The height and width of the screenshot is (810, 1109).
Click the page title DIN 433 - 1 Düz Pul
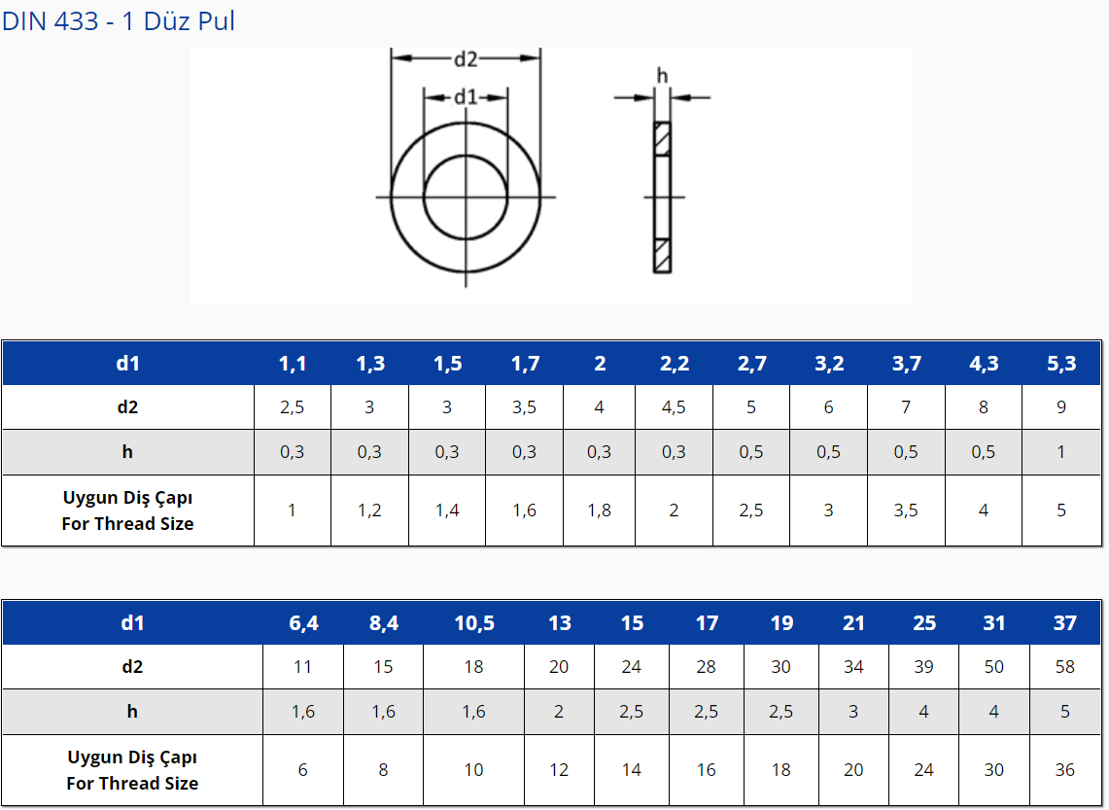[119, 21]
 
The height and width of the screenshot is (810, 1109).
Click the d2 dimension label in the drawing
[466, 59]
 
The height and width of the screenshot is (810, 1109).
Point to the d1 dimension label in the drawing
[466, 97]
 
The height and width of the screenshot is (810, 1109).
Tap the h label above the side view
[662, 75]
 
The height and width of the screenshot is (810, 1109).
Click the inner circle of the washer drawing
[424, 197]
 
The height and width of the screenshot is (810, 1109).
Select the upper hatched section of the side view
[662, 139]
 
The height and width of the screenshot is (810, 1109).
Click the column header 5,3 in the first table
[1061, 364]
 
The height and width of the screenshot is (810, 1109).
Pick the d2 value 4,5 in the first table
[674, 407]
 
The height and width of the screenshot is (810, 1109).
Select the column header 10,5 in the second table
[474, 623]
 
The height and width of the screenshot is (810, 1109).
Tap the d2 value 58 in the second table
[1064, 667]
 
